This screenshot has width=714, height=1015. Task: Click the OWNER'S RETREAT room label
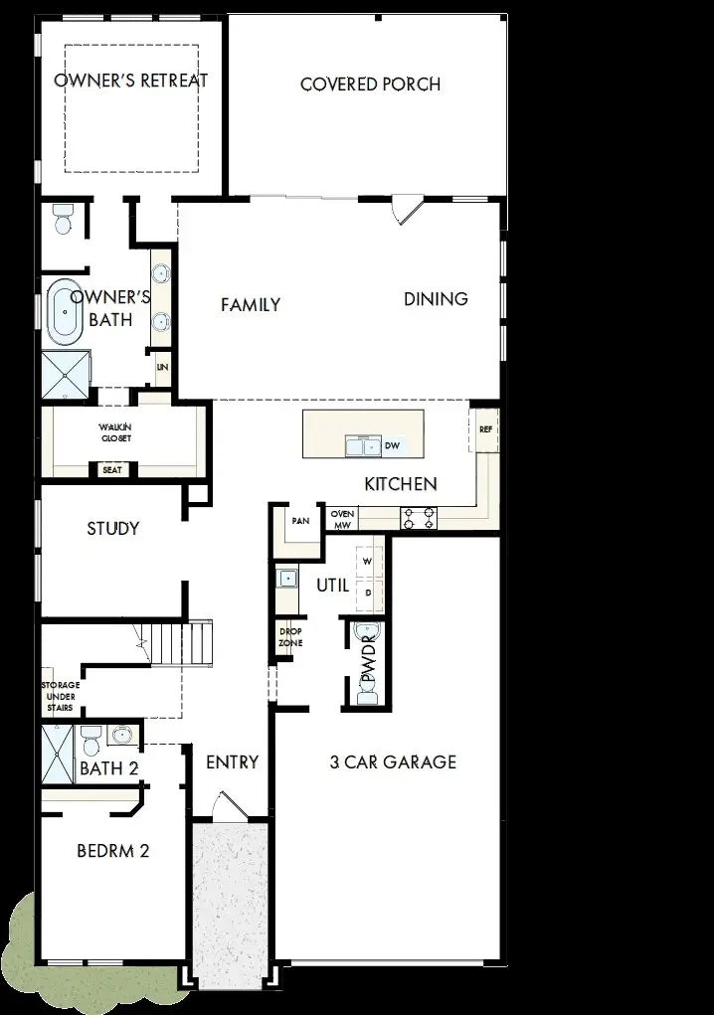pyautogui.click(x=130, y=81)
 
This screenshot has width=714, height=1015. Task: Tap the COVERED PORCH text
pyautogui.click(x=370, y=85)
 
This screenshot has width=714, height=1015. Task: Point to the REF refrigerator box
pyautogui.click(x=485, y=430)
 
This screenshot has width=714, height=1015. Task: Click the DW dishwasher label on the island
pyautogui.click(x=392, y=446)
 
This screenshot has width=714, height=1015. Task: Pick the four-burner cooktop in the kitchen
pyautogui.click(x=419, y=517)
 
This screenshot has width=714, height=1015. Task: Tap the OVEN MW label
pyautogui.click(x=342, y=519)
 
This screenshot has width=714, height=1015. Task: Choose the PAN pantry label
pyautogui.click(x=299, y=521)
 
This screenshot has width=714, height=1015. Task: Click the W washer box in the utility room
pyautogui.click(x=368, y=562)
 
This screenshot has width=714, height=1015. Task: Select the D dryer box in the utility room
pyautogui.click(x=368, y=592)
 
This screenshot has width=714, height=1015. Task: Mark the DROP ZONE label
pyautogui.click(x=290, y=637)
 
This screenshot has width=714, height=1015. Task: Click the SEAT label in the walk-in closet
pyautogui.click(x=112, y=469)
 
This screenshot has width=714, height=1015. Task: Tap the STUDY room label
pyautogui.click(x=112, y=528)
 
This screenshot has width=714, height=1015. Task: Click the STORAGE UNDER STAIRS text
pyautogui.click(x=60, y=695)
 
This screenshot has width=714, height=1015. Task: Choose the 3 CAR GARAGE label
pyautogui.click(x=393, y=762)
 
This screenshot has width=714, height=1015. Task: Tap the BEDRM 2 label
pyautogui.click(x=112, y=852)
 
